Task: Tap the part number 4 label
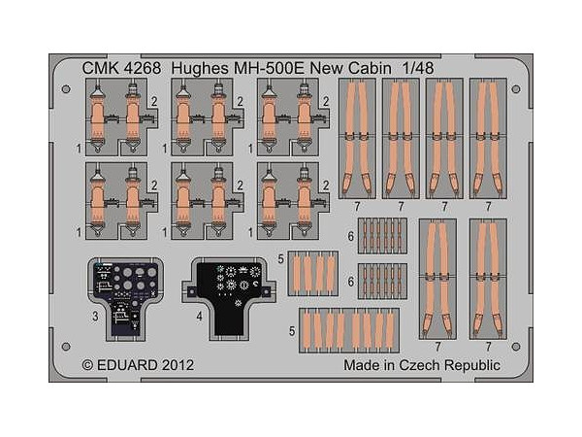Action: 198,317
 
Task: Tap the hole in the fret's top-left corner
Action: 65,90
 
